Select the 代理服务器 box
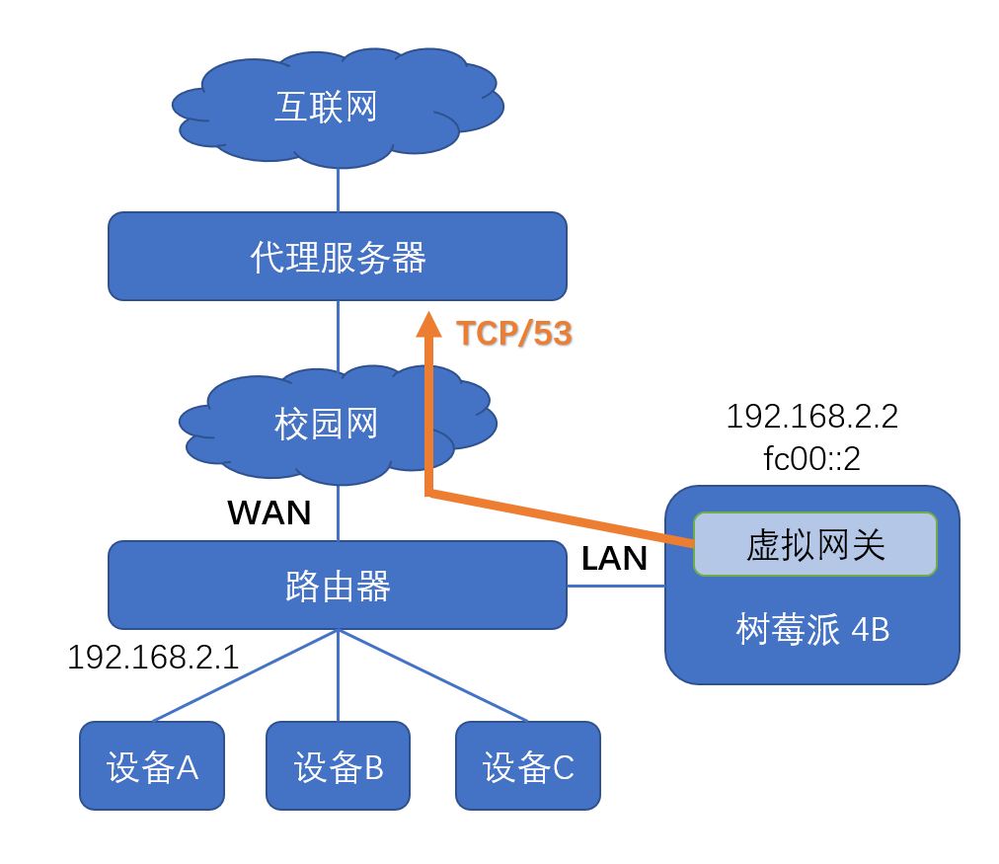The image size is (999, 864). point(338,257)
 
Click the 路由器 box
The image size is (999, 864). point(338,586)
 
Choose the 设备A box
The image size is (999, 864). point(152,766)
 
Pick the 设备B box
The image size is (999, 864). point(338,766)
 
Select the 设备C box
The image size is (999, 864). point(528,766)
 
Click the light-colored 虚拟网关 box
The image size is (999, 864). point(814,544)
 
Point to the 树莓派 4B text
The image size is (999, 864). point(812,630)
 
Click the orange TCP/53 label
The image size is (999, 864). point(514,334)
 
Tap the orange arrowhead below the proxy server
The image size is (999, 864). point(428,325)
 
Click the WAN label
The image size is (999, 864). point(269,512)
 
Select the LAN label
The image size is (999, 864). point(614,559)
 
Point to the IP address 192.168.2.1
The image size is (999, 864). point(153,658)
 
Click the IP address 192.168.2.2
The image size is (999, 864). point(811,417)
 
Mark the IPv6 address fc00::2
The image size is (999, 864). point(811,459)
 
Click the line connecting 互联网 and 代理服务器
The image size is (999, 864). point(338,191)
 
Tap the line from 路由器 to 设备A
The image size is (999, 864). point(247,675)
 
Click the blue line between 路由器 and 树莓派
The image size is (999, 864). point(616,586)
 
